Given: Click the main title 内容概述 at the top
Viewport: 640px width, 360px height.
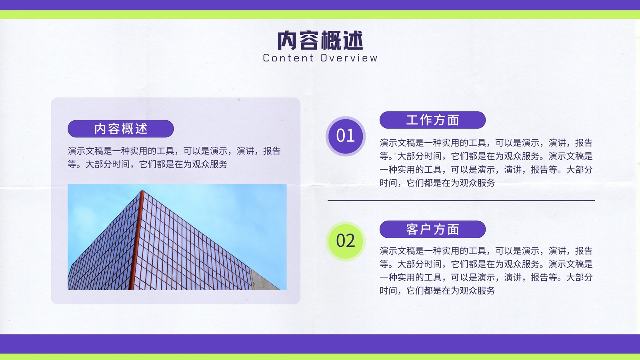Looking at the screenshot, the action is [x=320, y=40].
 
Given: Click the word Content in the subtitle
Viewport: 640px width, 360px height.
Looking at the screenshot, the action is [x=288, y=58].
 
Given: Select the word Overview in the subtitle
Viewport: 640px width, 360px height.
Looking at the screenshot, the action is [x=349, y=58].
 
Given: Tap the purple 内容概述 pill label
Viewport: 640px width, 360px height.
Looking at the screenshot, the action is [x=120, y=128].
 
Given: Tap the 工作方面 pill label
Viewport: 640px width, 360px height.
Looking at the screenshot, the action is [x=432, y=120].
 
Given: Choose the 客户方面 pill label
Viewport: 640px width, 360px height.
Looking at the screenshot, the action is [x=432, y=229].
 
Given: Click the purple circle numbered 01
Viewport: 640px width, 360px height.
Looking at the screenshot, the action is [x=346, y=136].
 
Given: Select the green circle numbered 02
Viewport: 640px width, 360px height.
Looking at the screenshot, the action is [x=346, y=241].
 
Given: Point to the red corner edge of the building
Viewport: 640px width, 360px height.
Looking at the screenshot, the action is [x=136, y=240].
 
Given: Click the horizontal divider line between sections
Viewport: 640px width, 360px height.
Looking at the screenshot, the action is [x=461, y=200].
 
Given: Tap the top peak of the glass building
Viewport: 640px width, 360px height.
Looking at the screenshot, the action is [x=142, y=191].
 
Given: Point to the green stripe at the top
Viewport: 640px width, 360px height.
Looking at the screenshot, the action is [x=320, y=14].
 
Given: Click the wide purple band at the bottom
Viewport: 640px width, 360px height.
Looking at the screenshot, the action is [x=320, y=344].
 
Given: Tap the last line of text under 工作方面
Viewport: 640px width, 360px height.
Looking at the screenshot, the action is [x=437, y=183].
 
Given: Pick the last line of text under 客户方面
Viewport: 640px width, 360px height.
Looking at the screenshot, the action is [x=437, y=290].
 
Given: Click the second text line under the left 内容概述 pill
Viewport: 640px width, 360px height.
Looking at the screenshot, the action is [x=148, y=164].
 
